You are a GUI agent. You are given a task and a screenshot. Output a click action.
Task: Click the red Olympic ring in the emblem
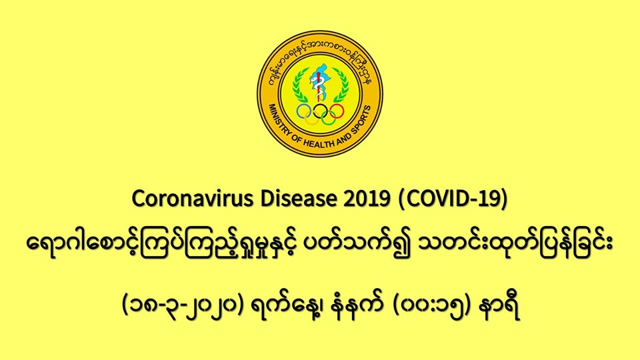[336, 111]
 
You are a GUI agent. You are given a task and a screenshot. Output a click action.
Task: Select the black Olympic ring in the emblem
[321, 111]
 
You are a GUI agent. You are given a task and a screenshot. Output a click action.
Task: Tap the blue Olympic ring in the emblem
[304, 111]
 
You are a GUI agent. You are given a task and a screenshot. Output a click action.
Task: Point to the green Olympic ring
[329, 118]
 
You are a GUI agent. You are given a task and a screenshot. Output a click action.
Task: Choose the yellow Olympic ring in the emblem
[312, 118]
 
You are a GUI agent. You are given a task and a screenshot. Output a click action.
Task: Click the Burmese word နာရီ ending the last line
[500, 307]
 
